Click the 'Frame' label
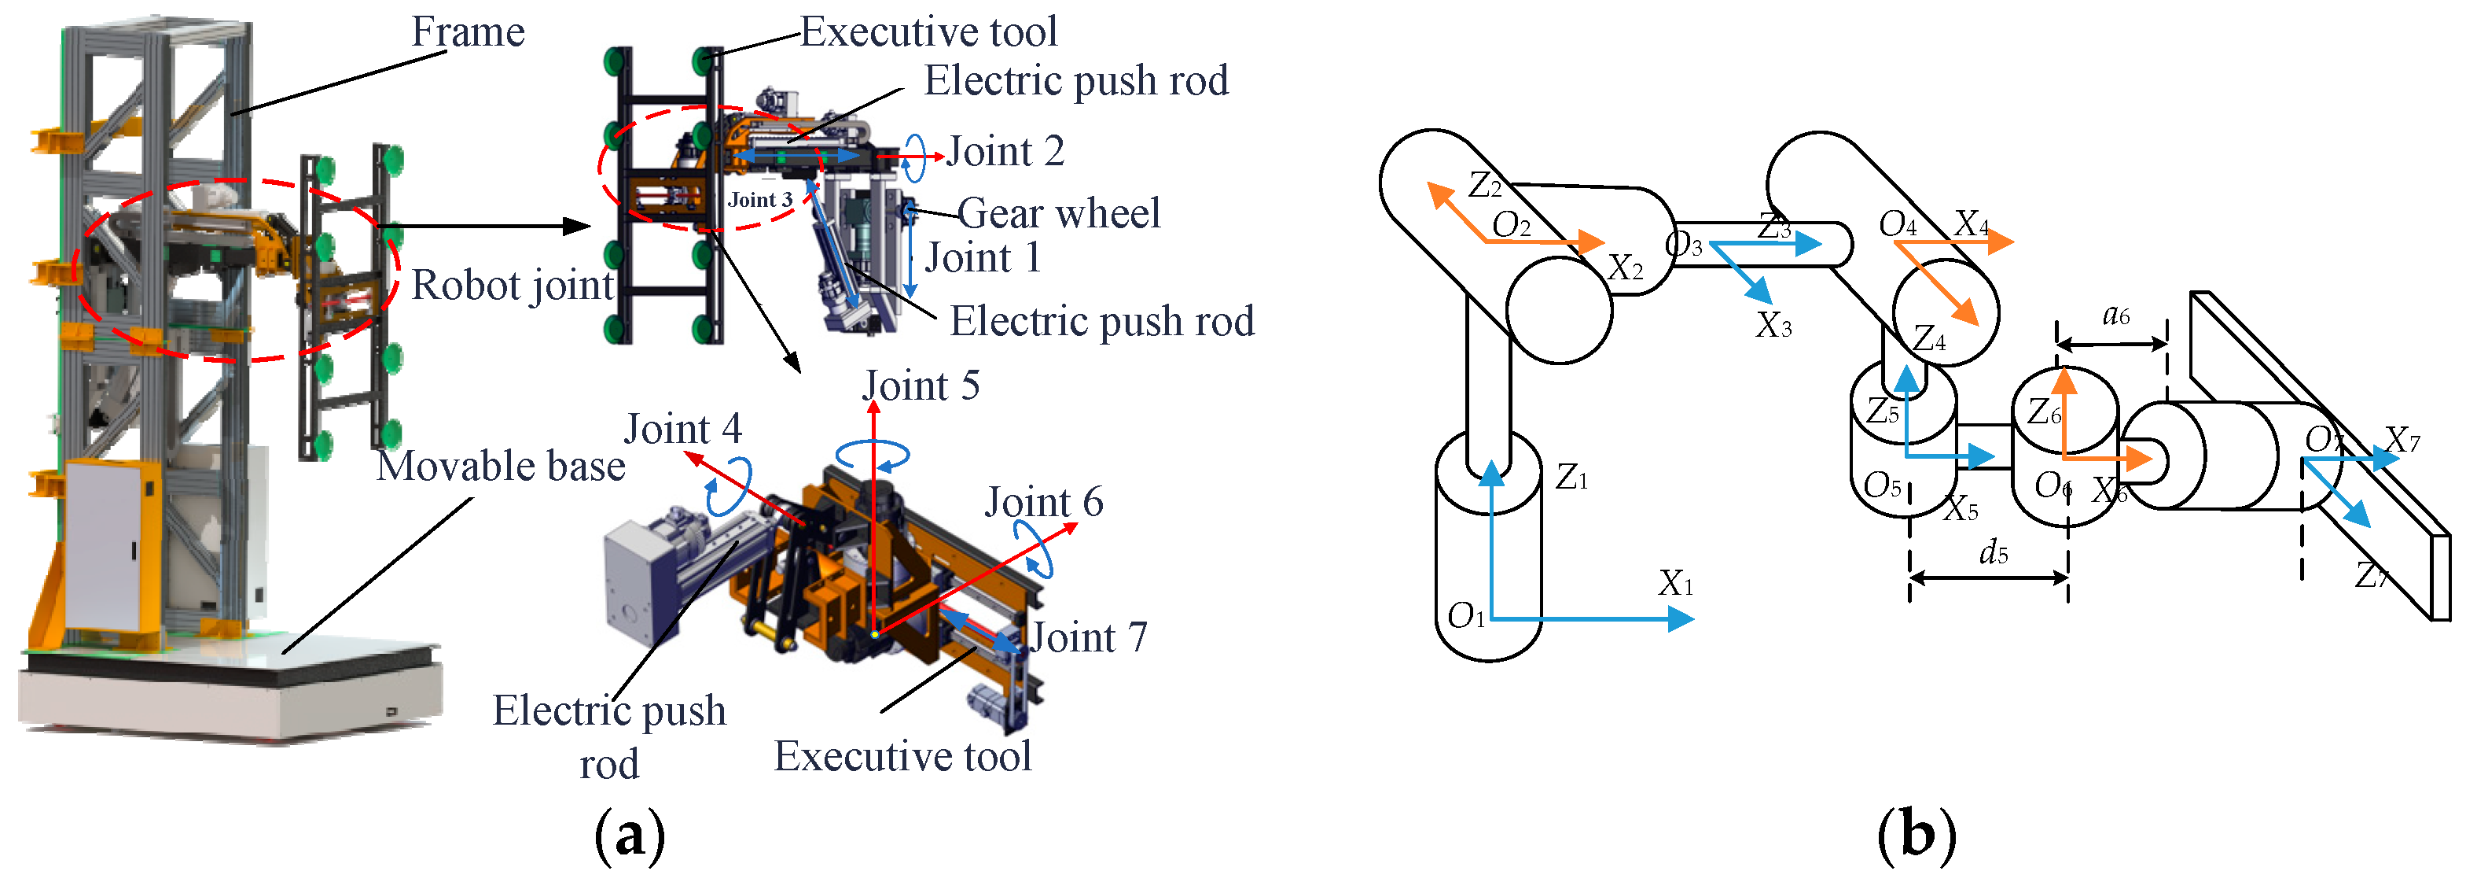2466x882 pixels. (x=467, y=31)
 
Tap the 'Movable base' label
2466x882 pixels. (x=500, y=467)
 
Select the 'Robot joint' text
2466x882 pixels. (x=513, y=286)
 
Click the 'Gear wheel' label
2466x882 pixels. (x=1059, y=213)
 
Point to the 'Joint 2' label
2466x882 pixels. (x=1005, y=151)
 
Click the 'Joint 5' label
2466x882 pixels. (x=921, y=386)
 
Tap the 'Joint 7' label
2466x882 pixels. (x=1089, y=638)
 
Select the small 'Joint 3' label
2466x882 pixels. (x=760, y=199)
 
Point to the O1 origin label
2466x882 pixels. (x=1465, y=616)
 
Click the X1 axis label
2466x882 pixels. (x=1675, y=583)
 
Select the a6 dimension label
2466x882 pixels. (x=2115, y=315)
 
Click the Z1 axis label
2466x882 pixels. (x=1571, y=477)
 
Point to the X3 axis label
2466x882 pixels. (x=1773, y=327)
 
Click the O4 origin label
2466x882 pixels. (x=1898, y=225)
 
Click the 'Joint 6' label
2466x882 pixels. (x=1043, y=503)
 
